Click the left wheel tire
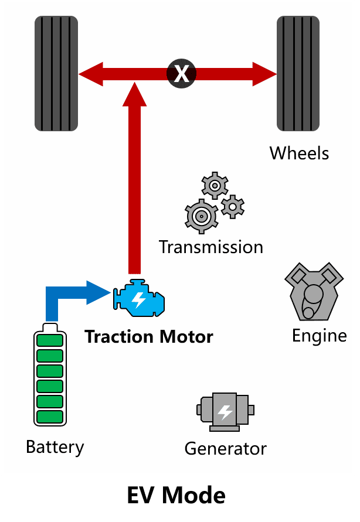click(56, 74)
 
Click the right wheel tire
click(298, 74)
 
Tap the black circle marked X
click(182, 74)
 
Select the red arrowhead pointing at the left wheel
click(91, 74)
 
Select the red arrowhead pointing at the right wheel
click(264, 74)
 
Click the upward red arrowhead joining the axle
click(134, 94)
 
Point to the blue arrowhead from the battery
click(99, 292)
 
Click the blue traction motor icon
click(139, 298)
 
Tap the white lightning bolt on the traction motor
click(138, 299)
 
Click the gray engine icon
click(314, 292)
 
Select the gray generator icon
click(225, 412)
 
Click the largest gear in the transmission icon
click(201, 216)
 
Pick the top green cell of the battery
click(50, 340)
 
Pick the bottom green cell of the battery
click(50, 417)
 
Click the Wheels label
click(299, 153)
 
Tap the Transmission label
click(211, 247)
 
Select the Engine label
click(320, 336)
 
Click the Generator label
click(226, 449)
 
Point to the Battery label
click(55, 448)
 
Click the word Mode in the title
click(193, 496)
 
